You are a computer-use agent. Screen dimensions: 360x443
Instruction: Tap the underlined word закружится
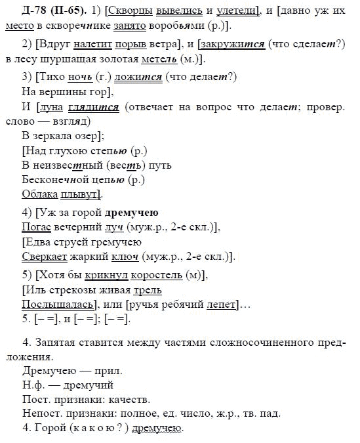click(242, 45)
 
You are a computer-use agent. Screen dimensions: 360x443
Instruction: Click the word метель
click(163, 60)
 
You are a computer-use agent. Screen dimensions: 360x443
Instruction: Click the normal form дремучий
click(79, 385)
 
